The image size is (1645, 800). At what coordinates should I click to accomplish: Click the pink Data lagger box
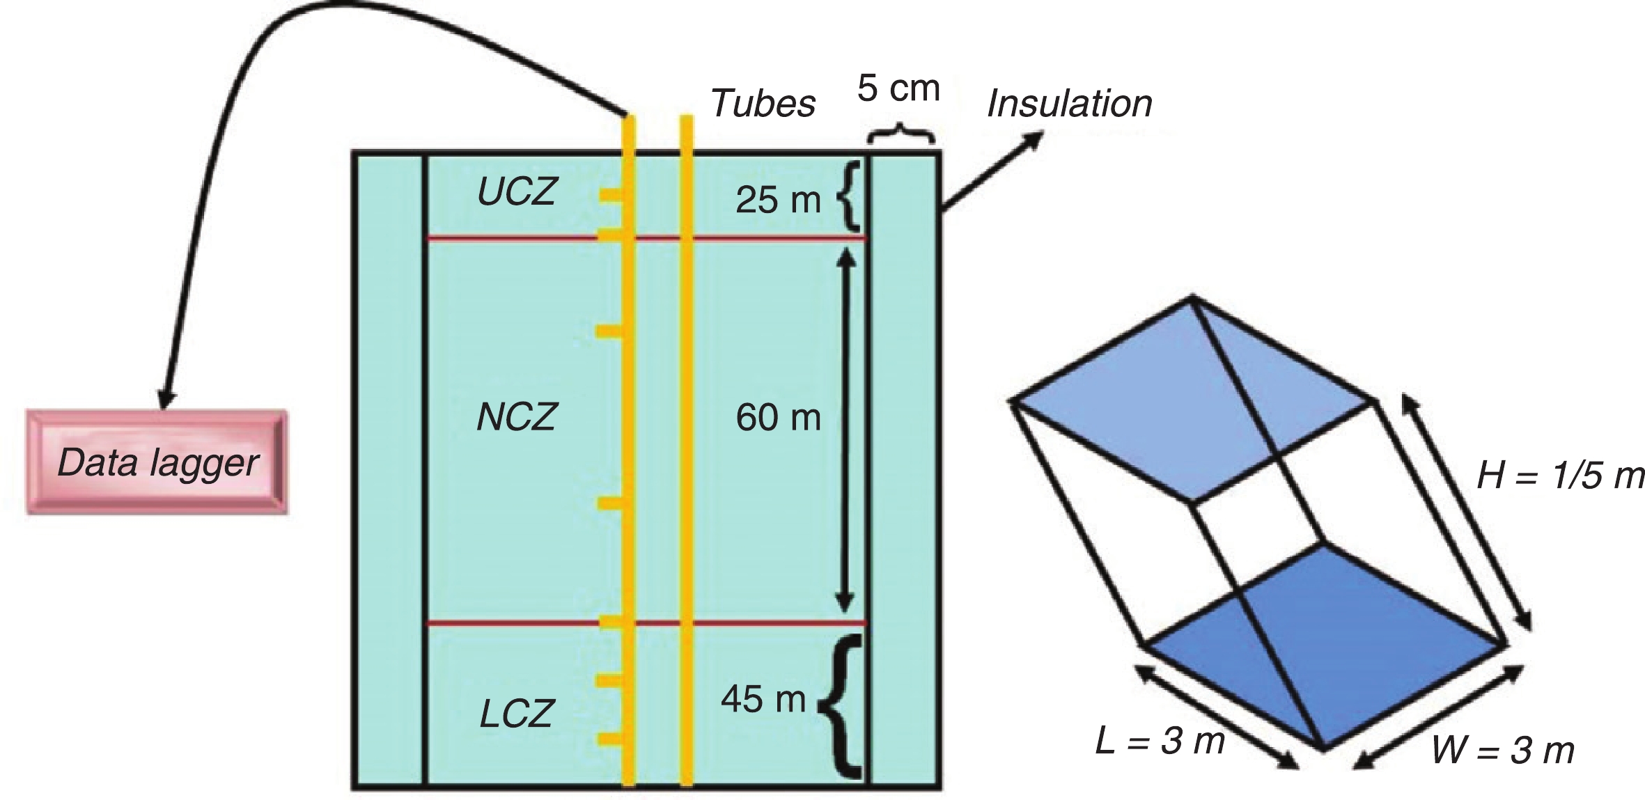(157, 462)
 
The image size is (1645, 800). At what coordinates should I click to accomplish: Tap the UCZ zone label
(517, 191)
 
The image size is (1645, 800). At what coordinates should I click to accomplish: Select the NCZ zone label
(517, 418)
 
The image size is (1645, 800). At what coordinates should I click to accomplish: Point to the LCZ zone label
(517, 714)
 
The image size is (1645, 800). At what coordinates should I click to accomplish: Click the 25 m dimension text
(778, 201)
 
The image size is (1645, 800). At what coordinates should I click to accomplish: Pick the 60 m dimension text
(778, 418)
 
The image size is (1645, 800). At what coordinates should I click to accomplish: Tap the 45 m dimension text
(763, 699)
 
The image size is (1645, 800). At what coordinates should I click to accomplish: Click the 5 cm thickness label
(898, 88)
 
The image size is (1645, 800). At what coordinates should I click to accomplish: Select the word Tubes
(763, 104)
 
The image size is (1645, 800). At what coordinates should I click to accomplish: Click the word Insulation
(1070, 104)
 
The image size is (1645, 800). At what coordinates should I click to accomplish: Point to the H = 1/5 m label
(1560, 476)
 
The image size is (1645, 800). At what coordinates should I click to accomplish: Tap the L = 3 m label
(1160, 740)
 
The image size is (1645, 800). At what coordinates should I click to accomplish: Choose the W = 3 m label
(1503, 751)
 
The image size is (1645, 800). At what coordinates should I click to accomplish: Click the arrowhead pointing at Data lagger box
(166, 399)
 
